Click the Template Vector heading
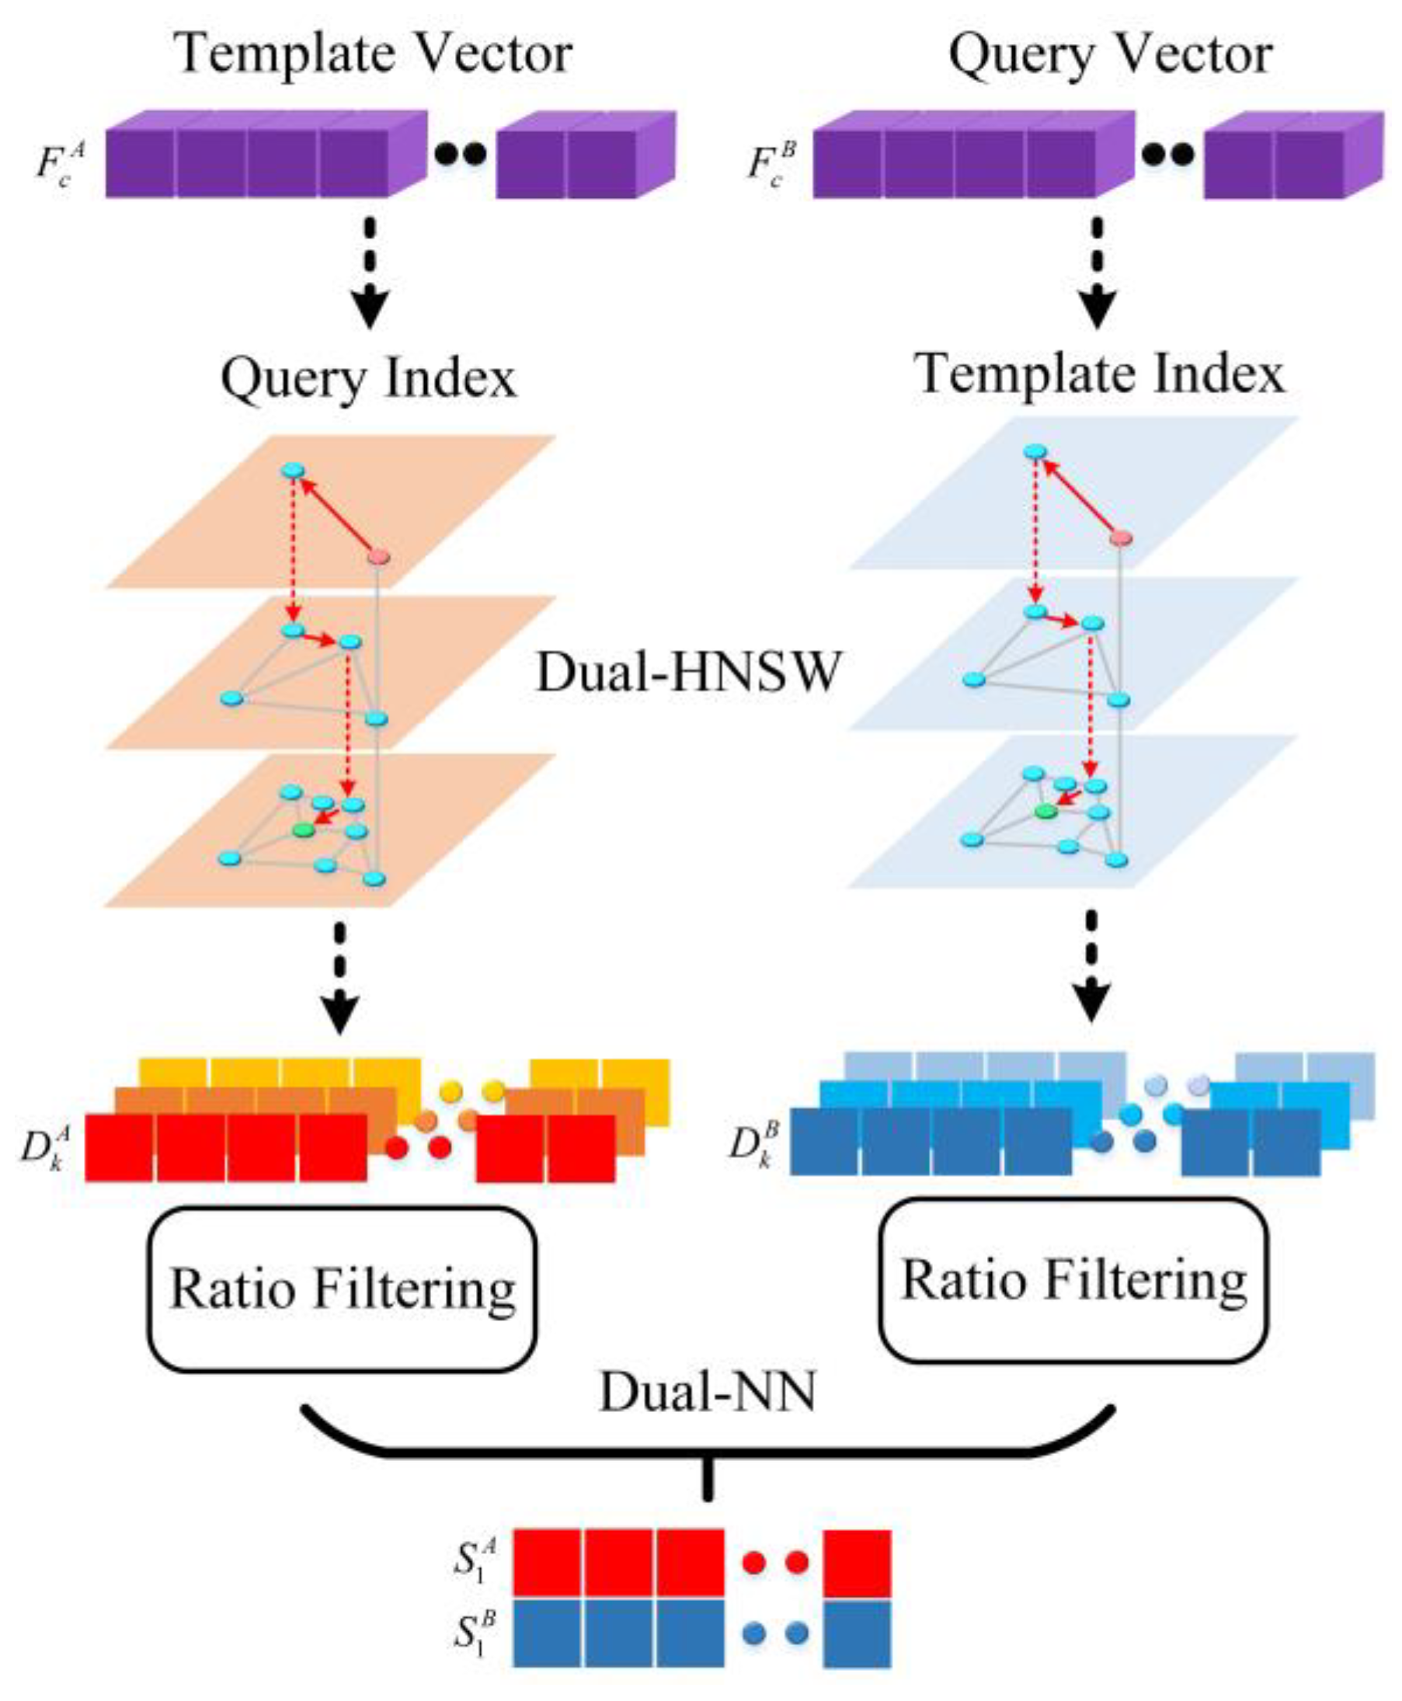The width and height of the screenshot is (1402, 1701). click(374, 54)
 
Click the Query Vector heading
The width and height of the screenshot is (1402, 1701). click(1110, 54)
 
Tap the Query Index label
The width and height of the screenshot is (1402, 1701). click(368, 378)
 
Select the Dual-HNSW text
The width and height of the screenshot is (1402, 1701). click(688, 672)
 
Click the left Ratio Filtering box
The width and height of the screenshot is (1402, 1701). click(342, 1290)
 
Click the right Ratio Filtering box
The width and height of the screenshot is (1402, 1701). click(1073, 1281)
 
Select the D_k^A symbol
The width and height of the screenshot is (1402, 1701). click(46, 1150)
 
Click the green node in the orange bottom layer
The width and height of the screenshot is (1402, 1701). click(304, 830)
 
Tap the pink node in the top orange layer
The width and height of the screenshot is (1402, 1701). click(379, 556)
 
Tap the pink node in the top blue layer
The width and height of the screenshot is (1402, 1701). click(1120, 537)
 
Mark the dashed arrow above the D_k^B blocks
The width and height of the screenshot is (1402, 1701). click(1092, 966)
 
